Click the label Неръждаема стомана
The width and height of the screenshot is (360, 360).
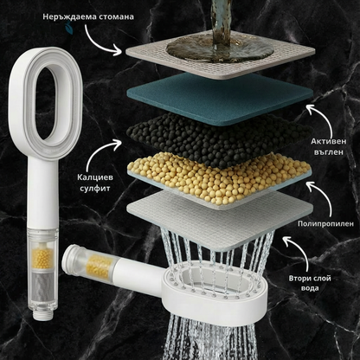click(x=88, y=16)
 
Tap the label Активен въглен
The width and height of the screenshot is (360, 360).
click(x=329, y=146)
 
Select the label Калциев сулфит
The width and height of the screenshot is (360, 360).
click(x=95, y=183)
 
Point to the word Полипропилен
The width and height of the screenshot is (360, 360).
click(x=325, y=223)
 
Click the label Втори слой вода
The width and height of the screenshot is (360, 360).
click(x=310, y=283)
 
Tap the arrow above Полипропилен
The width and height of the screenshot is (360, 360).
click(x=323, y=196)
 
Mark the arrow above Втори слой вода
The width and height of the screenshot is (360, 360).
click(x=300, y=251)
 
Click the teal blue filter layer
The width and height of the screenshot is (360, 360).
click(x=220, y=98)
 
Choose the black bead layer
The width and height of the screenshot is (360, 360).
click(x=219, y=138)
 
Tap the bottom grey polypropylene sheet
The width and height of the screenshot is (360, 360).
click(x=220, y=219)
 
